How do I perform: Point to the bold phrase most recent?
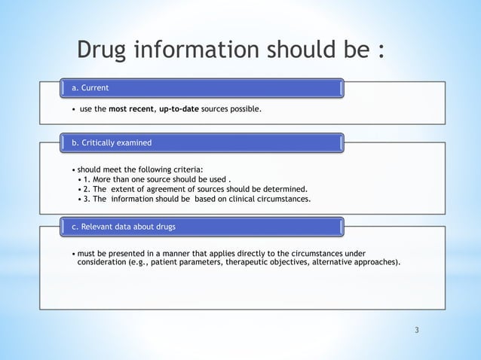130,110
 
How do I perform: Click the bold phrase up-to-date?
179,110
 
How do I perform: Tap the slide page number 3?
416,330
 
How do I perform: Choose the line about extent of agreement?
195,189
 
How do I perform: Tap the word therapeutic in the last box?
247,261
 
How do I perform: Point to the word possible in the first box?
244,110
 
